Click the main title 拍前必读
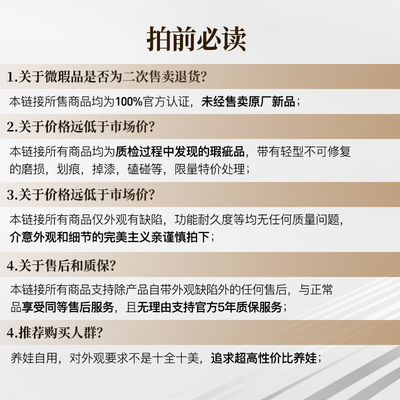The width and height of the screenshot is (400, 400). [196, 39]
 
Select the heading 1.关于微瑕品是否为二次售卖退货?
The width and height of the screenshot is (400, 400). [106, 76]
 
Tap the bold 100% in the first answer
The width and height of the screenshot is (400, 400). [129, 101]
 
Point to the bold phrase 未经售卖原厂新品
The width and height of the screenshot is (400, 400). [248, 101]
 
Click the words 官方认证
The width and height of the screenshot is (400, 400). [166, 101]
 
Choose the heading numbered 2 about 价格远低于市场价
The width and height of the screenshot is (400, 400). [81, 126]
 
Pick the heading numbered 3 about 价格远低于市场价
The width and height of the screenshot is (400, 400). [81, 194]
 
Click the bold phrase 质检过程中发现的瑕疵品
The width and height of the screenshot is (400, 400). [180, 151]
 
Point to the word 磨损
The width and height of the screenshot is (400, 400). [33, 169]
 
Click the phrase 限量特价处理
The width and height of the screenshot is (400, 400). [210, 169]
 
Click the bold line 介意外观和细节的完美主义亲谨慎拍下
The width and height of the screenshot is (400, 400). [109, 237]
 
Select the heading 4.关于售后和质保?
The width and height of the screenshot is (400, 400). [61, 265]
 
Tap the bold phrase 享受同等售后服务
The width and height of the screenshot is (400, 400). [67, 307]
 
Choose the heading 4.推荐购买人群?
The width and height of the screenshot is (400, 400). [55, 332]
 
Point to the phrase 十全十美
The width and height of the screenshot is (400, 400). [176, 358]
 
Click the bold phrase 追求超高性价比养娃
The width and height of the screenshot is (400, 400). [264, 358]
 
